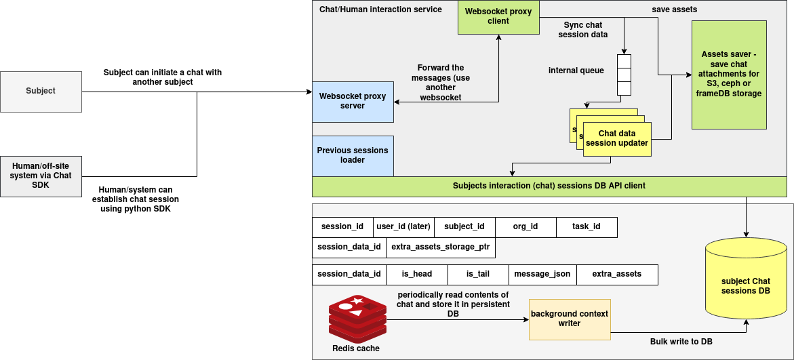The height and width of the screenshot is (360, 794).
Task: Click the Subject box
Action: pyautogui.click(x=41, y=91)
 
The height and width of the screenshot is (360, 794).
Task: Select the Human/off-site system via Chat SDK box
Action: pyautogui.click(x=41, y=176)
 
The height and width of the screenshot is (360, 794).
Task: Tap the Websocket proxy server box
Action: pyautogui.click(x=353, y=102)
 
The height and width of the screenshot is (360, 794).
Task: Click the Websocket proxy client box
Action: pyautogui.click(x=498, y=17)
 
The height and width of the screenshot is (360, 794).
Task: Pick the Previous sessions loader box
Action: pyautogui.click(x=353, y=155)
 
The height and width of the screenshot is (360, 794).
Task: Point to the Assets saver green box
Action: pyautogui.click(x=729, y=75)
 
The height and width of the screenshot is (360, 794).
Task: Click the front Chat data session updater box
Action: pyautogui.click(x=617, y=139)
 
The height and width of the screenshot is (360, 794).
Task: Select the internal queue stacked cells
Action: pyautogui.click(x=624, y=75)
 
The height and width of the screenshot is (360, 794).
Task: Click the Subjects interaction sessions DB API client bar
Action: pyautogui.click(x=549, y=186)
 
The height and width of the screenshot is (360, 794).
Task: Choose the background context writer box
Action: pyautogui.click(x=570, y=319)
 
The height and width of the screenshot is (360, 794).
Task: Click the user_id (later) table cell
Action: pyautogui.click(x=403, y=227)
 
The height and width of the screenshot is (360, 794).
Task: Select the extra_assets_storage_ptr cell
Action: pyautogui.click(x=441, y=247)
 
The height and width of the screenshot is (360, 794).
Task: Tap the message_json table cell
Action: pyautogui.click(x=542, y=275)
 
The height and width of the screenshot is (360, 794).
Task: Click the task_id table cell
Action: pyautogui.click(x=587, y=227)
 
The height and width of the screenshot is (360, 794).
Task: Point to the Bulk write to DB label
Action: pyautogui.click(x=681, y=342)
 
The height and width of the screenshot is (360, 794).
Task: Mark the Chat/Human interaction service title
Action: pyautogui.click(x=380, y=9)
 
